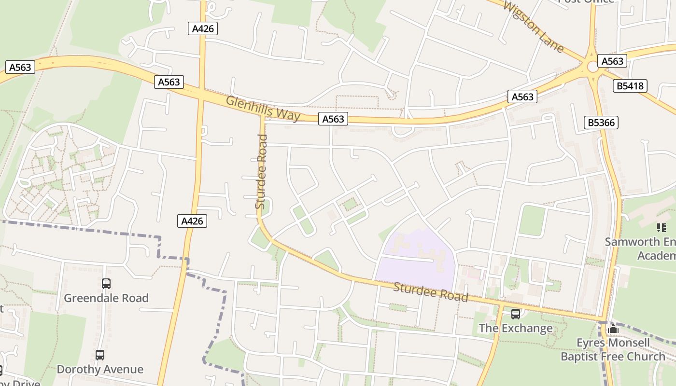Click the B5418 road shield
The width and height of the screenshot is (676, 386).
(630, 86)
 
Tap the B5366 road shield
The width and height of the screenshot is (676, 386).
(601, 123)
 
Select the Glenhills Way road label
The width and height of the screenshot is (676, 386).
(263, 109)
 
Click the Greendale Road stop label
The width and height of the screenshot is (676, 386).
(106, 298)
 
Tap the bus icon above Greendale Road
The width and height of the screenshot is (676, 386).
(106, 284)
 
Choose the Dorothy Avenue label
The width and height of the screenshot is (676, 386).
(100, 370)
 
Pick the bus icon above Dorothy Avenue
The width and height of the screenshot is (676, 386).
(100, 355)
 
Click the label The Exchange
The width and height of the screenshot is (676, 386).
(515, 329)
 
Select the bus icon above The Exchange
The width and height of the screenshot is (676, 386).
(516, 314)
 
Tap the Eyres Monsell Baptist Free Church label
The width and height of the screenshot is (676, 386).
(613, 350)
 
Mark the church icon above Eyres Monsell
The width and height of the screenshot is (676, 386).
(613, 330)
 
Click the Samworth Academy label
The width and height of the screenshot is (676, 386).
(640, 248)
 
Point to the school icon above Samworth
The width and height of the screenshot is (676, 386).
(661, 227)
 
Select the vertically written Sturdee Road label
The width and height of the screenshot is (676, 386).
(261, 172)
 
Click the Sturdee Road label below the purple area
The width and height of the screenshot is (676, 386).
(431, 292)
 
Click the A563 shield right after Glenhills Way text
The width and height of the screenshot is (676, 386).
(333, 119)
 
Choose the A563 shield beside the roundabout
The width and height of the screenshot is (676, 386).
(612, 61)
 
